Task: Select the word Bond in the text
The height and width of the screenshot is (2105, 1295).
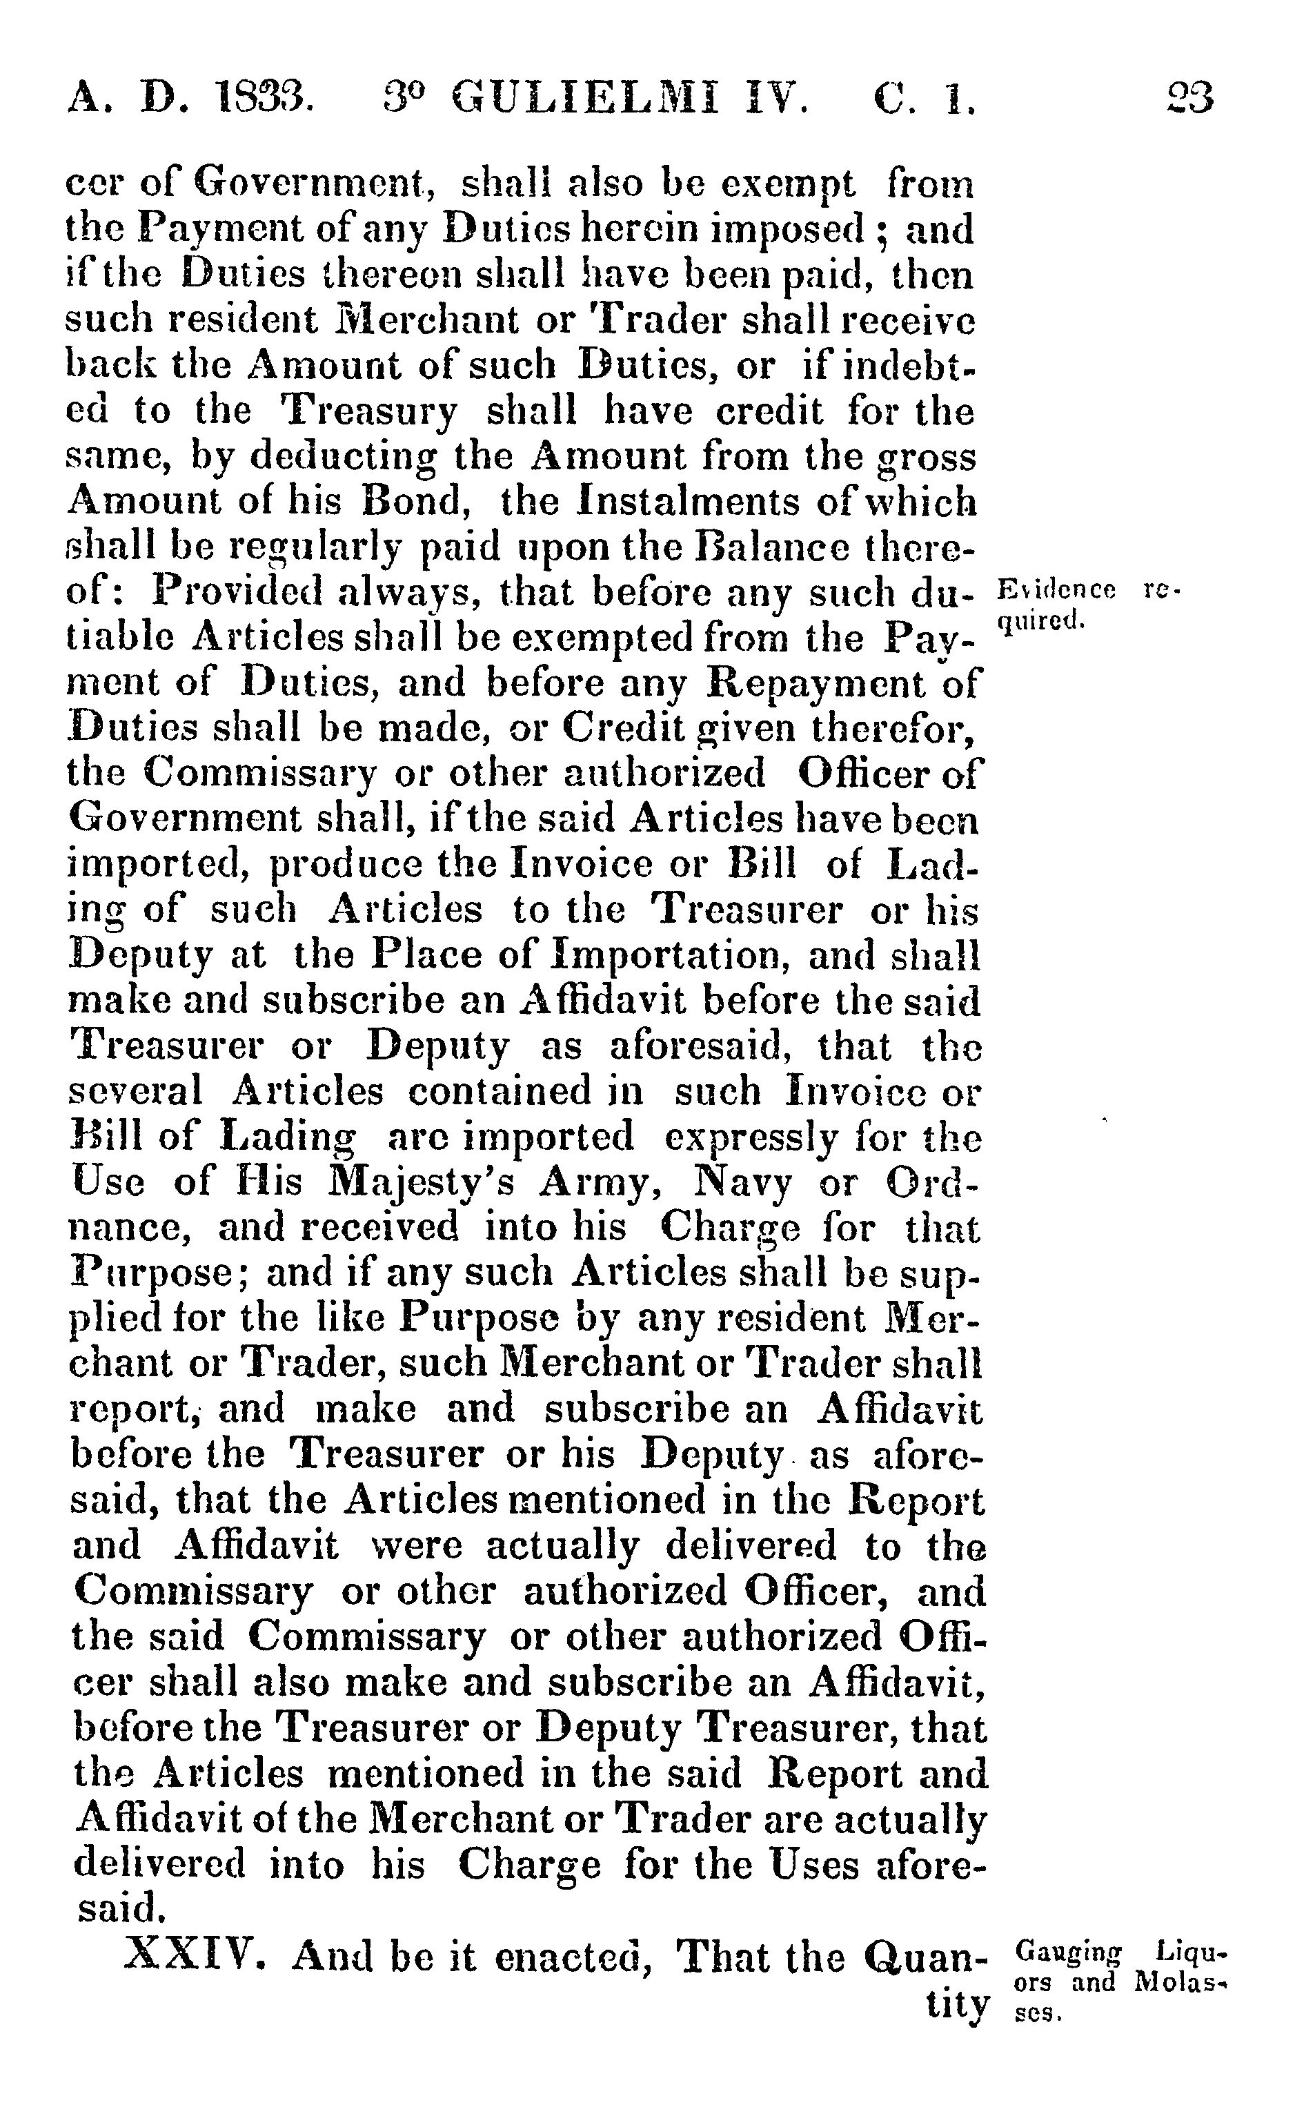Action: point(415,502)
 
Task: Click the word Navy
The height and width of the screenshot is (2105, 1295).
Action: point(742,1182)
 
